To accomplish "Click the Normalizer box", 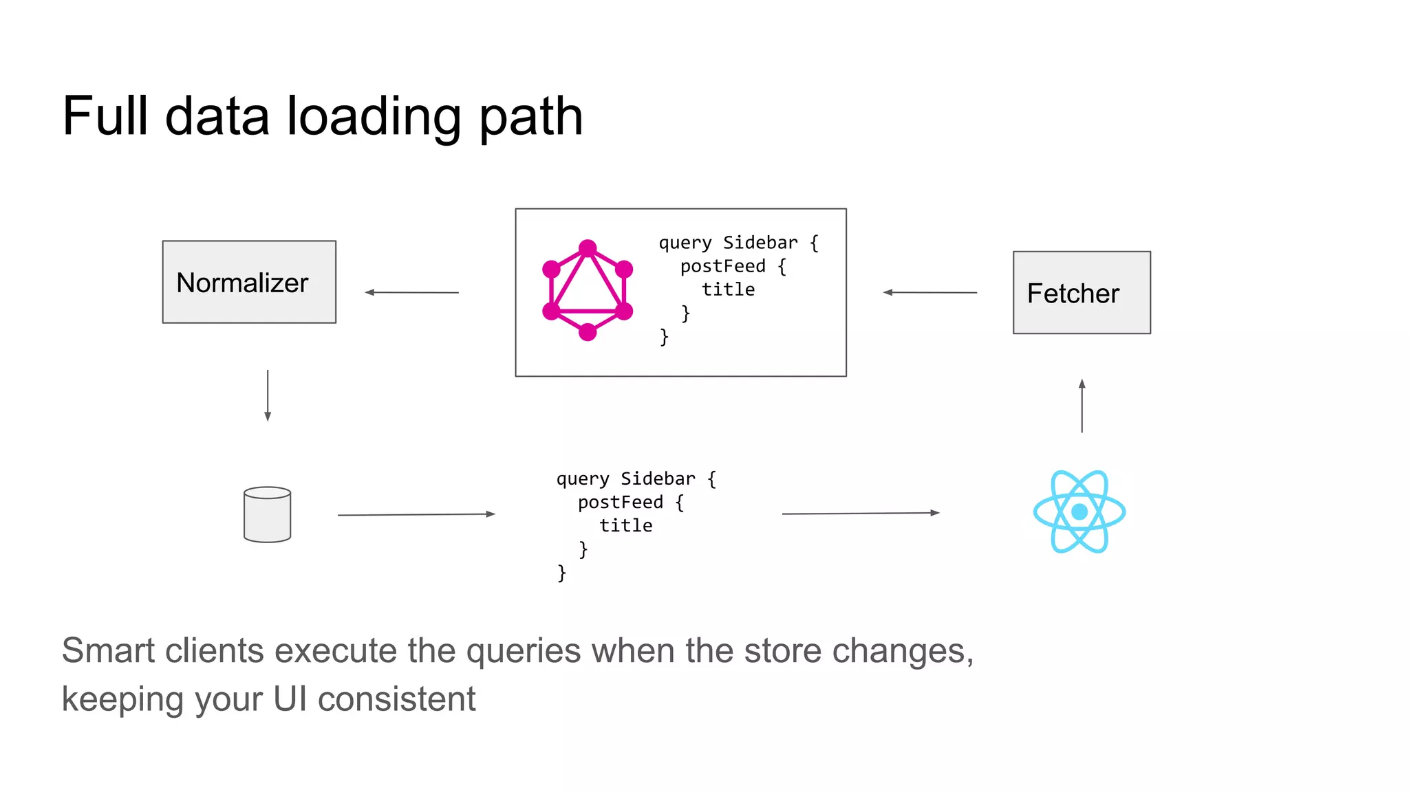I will (x=249, y=282).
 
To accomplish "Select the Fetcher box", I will (x=1082, y=293).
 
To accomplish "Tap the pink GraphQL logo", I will (x=588, y=290).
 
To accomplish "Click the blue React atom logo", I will (x=1079, y=511).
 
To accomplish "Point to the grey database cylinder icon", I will (x=268, y=515).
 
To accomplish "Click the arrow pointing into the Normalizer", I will (x=411, y=292).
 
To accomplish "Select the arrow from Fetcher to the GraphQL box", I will (x=929, y=292).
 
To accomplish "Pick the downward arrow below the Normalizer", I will (x=268, y=395).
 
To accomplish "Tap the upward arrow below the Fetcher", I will (x=1082, y=406).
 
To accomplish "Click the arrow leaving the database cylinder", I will (x=416, y=514).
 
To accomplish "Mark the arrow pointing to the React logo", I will (x=861, y=513).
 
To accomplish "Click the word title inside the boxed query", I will (x=728, y=289).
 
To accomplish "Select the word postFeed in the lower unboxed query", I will (x=620, y=502).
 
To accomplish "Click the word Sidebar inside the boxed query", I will (x=760, y=243).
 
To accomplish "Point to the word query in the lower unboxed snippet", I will (x=583, y=479).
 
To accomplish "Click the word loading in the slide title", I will (x=374, y=117).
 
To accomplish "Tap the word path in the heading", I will (x=530, y=117).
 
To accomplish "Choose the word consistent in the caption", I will (x=396, y=699).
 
